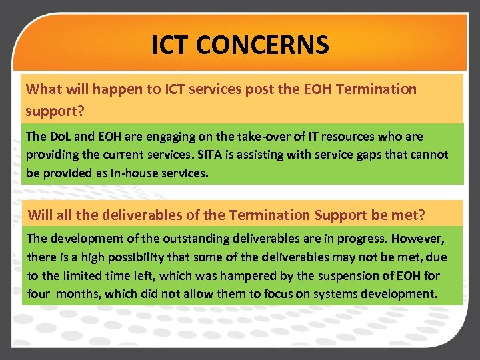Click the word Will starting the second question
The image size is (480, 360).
[x=40, y=215]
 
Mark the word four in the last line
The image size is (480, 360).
[x=39, y=294]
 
